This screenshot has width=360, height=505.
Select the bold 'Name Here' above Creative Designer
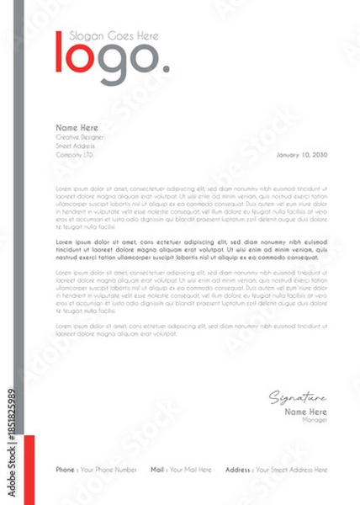[x=77, y=127]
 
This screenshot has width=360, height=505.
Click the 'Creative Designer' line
[x=81, y=136]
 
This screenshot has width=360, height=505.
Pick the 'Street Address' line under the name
[x=76, y=146]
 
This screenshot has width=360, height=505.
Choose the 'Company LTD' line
[x=75, y=155]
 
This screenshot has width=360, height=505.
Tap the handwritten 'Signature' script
[x=299, y=398]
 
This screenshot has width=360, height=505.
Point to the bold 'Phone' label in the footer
[x=65, y=469]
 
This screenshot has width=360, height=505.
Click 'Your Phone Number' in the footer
[x=108, y=469]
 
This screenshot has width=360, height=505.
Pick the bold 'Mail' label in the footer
[x=157, y=469]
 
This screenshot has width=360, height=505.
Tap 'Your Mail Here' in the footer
[x=190, y=469]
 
